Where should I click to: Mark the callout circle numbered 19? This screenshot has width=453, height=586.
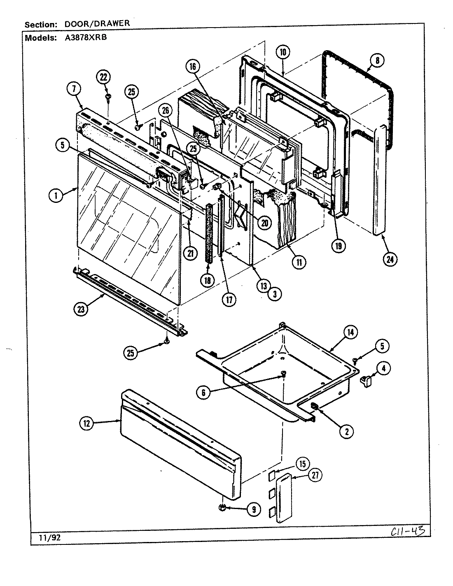pyautogui.click(x=339, y=246)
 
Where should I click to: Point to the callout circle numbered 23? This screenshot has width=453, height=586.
pyautogui.click(x=81, y=309)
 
